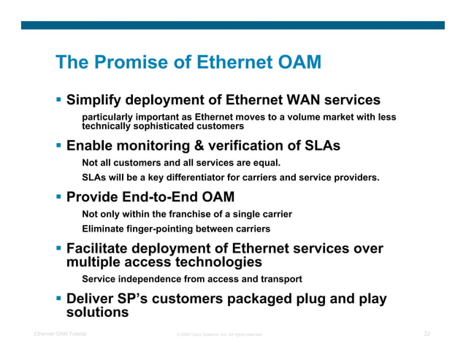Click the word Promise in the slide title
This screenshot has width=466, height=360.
pyautogui.click(x=130, y=63)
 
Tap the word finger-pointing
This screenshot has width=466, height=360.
pyautogui.click(x=161, y=229)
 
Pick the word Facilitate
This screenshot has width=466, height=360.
pyautogui.click(x=99, y=248)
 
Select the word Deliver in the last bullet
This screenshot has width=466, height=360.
pyautogui.click(x=91, y=299)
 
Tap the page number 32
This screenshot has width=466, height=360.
pyautogui.click(x=427, y=334)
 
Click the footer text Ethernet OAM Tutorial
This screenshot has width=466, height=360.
pyautogui.click(x=61, y=334)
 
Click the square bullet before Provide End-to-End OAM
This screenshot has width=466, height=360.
pyautogui.click(x=59, y=197)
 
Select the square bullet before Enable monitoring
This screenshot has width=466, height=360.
pyautogui.click(x=59, y=146)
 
